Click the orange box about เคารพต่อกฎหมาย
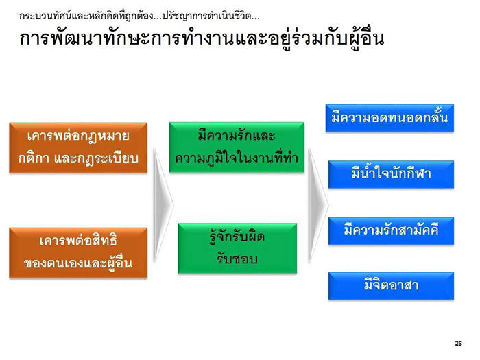click(78, 148)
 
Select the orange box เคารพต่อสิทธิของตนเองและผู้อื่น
click(78, 253)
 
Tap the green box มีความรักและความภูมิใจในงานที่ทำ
click(237, 147)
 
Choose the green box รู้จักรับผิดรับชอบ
click(237, 248)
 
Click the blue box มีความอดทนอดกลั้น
click(389, 118)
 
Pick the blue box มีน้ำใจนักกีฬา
click(392, 174)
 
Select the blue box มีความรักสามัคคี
click(392, 231)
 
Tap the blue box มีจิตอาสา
click(392, 286)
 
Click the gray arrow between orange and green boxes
click(163, 206)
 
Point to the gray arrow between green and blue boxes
click(318, 206)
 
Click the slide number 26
click(458, 343)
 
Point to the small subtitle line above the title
click(139, 16)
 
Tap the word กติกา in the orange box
click(34, 158)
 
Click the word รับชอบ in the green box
click(237, 259)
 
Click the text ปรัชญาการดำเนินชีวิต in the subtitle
click(206, 16)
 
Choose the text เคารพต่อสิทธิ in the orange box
click(78, 241)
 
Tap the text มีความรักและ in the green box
click(237, 136)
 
